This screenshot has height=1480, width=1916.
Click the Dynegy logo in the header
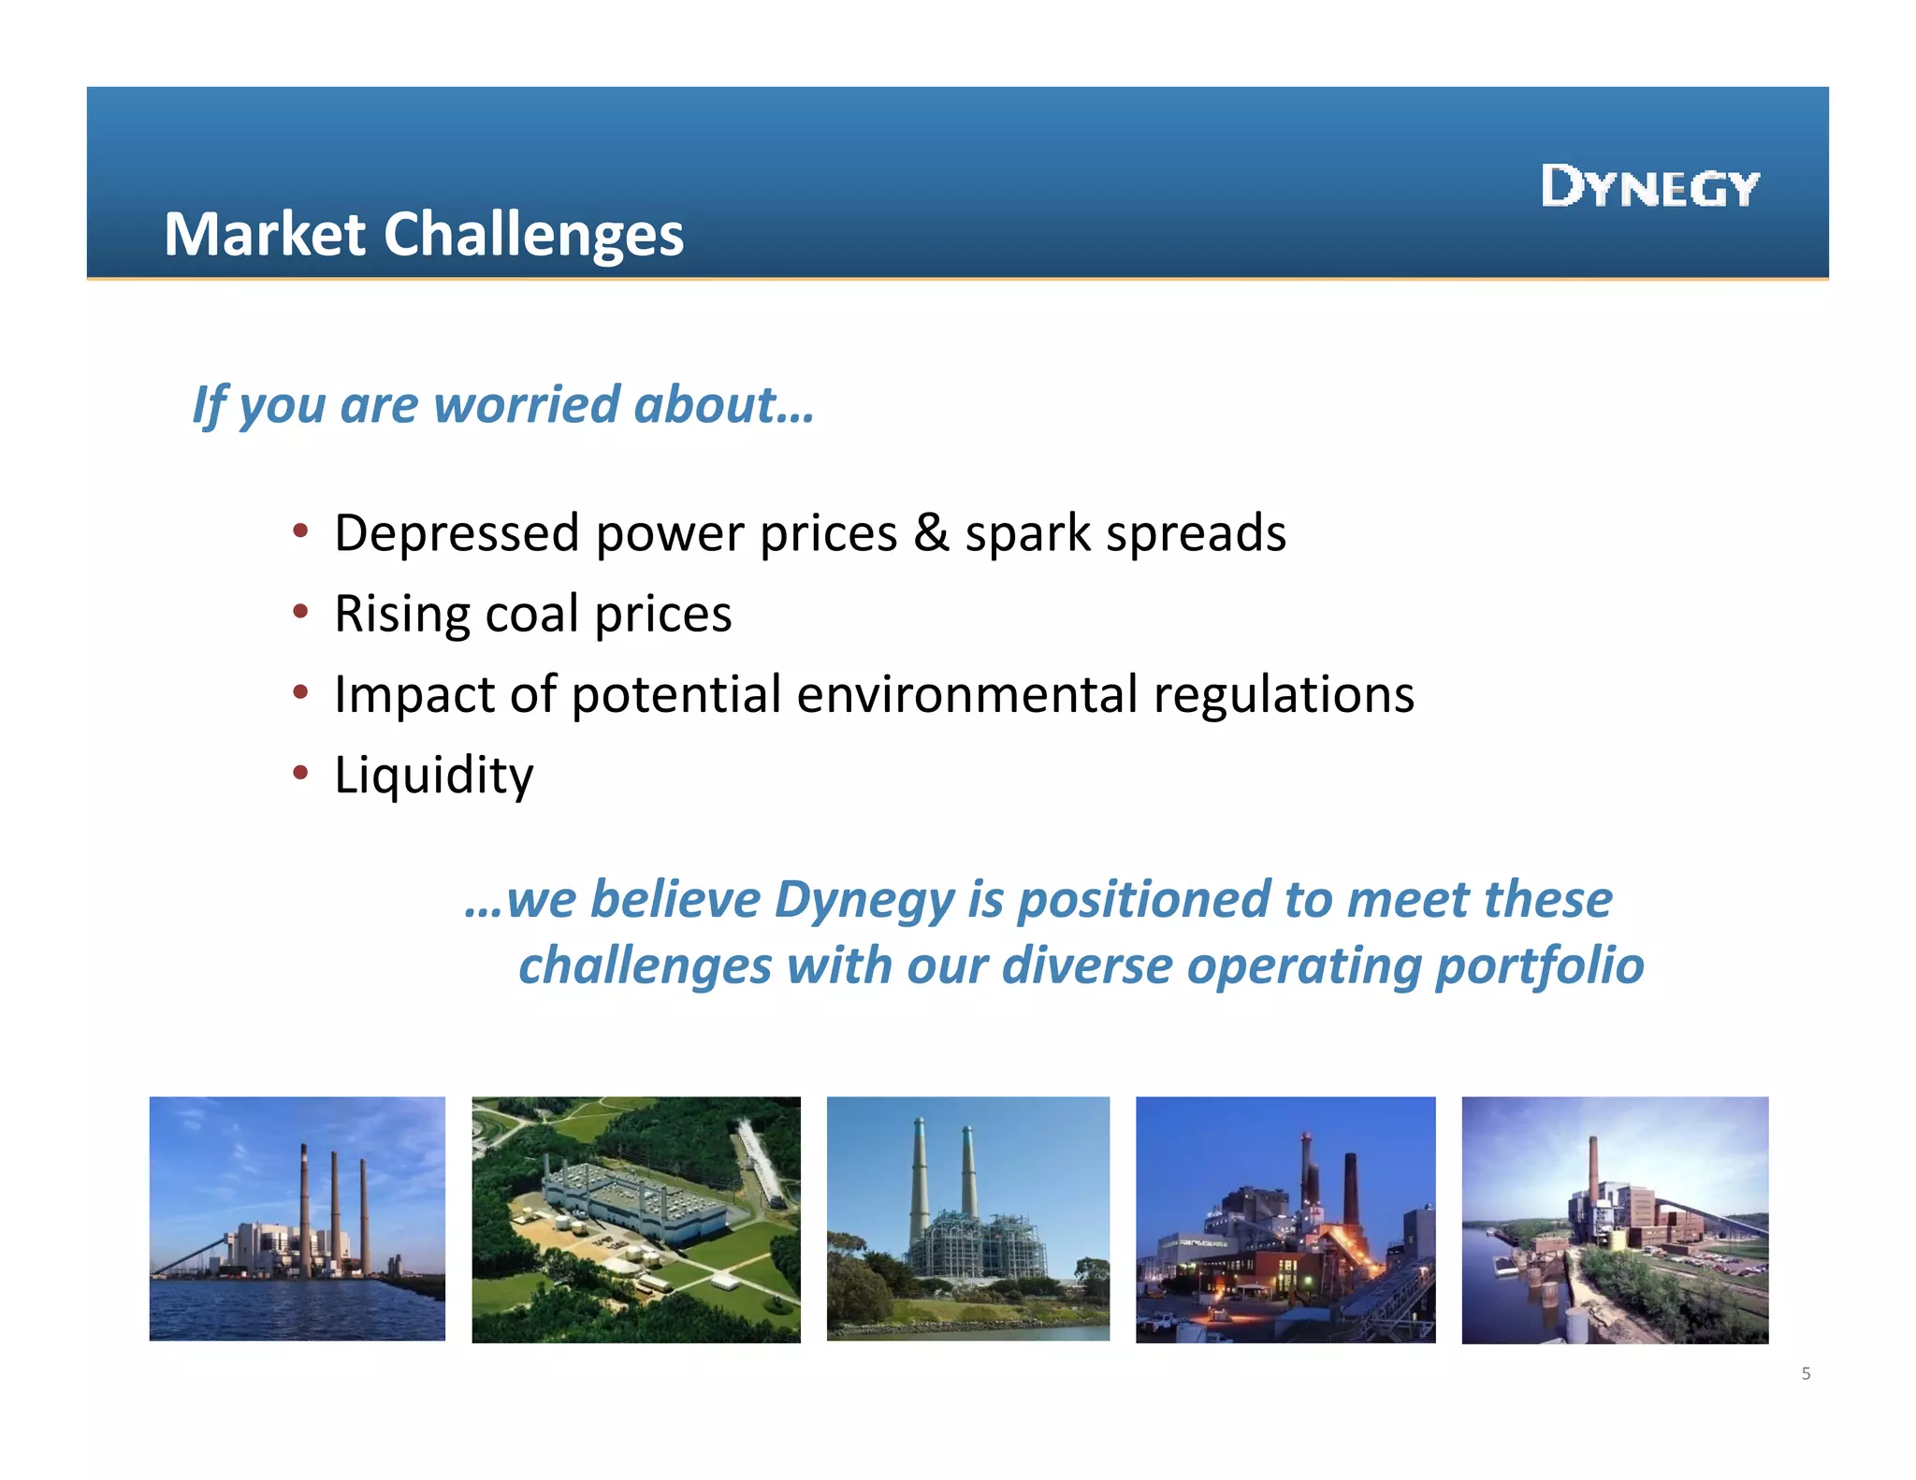pyautogui.click(x=1650, y=186)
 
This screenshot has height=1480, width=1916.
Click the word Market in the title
pyautogui.click(x=265, y=234)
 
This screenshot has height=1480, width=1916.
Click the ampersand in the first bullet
pyautogui.click(x=931, y=533)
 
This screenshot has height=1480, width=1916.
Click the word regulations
pyautogui.click(x=1284, y=695)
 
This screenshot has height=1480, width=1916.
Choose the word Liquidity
pyautogui.click(x=434, y=776)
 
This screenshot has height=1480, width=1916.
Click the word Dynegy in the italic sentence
pyautogui.click(x=864, y=901)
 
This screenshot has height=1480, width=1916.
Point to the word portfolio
pyautogui.click(x=1539, y=966)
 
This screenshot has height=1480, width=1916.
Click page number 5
pyautogui.click(x=1806, y=1373)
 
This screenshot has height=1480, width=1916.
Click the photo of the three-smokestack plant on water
pyautogui.click(x=297, y=1218)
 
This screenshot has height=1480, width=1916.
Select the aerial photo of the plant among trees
pyautogui.click(x=635, y=1219)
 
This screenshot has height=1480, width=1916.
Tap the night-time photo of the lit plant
pyautogui.click(x=1285, y=1219)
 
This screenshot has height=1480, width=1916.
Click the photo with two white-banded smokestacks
pyautogui.click(x=967, y=1218)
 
